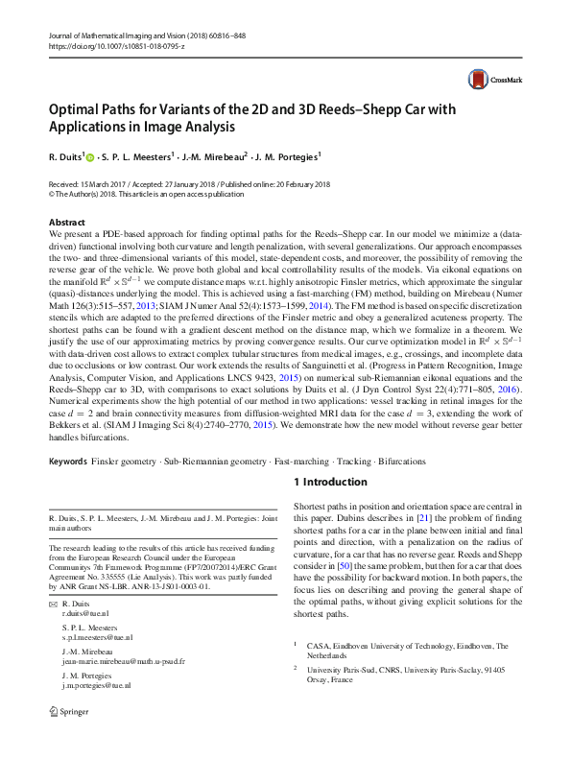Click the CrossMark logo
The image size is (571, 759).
click(x=488, y=80)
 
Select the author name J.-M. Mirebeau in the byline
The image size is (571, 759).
click(x=218, y=155)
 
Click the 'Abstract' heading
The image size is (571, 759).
click(x=66, y=222)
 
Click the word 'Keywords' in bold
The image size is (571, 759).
click(x=72, y=462)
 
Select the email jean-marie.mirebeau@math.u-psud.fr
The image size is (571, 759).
click(x=124, y=661)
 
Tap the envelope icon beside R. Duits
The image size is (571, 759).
click(x=52, y=604)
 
